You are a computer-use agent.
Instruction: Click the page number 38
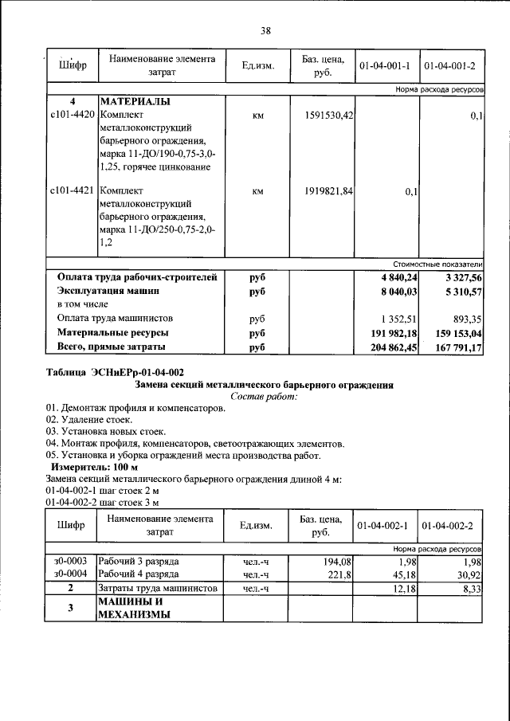[265, 31]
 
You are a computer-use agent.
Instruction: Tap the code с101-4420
[72, 116]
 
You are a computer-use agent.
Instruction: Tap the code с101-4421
[72, 192]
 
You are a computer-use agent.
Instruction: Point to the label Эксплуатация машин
[108, 292]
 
